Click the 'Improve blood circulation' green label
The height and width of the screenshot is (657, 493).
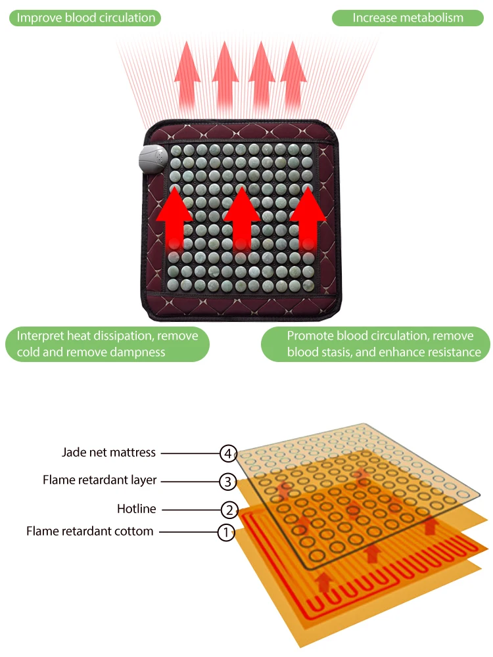click(86, 18)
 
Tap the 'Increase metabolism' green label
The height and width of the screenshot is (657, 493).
click(408, 18)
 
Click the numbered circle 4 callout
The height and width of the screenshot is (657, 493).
click(227, 453)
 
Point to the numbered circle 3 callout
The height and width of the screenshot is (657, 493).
click(227, 482)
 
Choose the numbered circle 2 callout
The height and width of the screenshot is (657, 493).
click(227, 509)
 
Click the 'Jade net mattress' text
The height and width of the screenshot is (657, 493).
click(108, 452)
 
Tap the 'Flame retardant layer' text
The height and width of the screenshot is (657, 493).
click(100, 480)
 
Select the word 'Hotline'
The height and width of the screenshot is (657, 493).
click(136, 509)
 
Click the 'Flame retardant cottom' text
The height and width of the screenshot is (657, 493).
click(90, 531)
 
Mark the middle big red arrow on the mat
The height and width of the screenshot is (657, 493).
click(242, 217)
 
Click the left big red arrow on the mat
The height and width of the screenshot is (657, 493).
click(174, 217)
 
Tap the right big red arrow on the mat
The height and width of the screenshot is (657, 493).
click(308, 217)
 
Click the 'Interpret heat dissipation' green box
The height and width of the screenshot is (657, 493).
click(107, 344)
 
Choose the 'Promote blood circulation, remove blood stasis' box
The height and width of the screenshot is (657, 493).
click(376, 344)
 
